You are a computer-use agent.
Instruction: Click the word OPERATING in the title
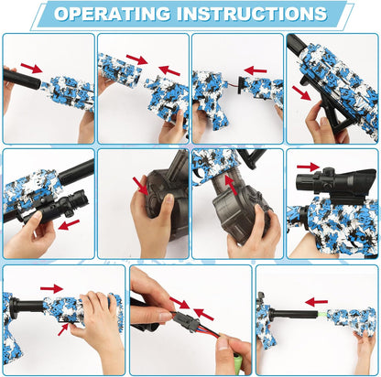[112, 14]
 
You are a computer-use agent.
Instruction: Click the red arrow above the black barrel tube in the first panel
[31, 69]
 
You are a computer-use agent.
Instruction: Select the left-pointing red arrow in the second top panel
[169, 70]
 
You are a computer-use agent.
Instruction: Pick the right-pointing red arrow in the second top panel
[137, 59]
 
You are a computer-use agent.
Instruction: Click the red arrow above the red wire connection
[256, 70]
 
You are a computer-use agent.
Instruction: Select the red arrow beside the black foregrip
[301, 92]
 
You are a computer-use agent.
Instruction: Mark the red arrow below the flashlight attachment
[69, 225]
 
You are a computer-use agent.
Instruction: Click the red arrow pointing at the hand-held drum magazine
[140, 186]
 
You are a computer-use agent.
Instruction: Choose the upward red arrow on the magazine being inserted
[231, 185]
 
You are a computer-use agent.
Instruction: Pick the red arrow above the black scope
[309, 167]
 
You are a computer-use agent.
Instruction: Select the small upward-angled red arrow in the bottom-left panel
[63, 329]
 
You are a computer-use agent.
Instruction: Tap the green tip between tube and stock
[323, 313]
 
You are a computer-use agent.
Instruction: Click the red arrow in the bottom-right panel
[316, 302]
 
